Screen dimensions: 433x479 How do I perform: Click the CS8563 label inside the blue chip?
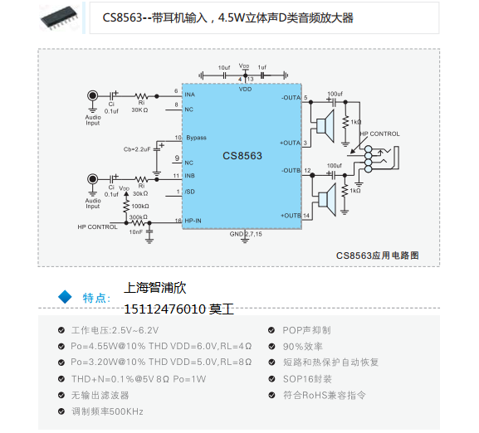point(242,155)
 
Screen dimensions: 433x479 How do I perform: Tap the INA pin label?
point(189,95)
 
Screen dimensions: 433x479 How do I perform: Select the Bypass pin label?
point(196,138)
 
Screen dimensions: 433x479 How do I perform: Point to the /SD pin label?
point(189,193)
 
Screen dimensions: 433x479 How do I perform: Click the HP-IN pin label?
point(194,221)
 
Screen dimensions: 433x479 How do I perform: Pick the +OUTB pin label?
point(291,216)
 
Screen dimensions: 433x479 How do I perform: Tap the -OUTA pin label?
point(291,98)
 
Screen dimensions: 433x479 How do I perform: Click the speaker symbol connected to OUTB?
point(322,199)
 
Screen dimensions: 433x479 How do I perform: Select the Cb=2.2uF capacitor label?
point(137,148)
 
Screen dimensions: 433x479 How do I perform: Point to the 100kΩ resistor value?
point(140,206)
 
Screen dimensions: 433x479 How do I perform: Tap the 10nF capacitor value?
point(135,232)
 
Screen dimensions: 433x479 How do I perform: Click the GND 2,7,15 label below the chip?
point(246,235)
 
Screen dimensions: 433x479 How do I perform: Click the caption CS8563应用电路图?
point(378,255)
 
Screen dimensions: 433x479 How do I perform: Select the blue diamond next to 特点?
point(65,296)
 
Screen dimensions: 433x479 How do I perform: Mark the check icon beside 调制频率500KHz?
point(61,411)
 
